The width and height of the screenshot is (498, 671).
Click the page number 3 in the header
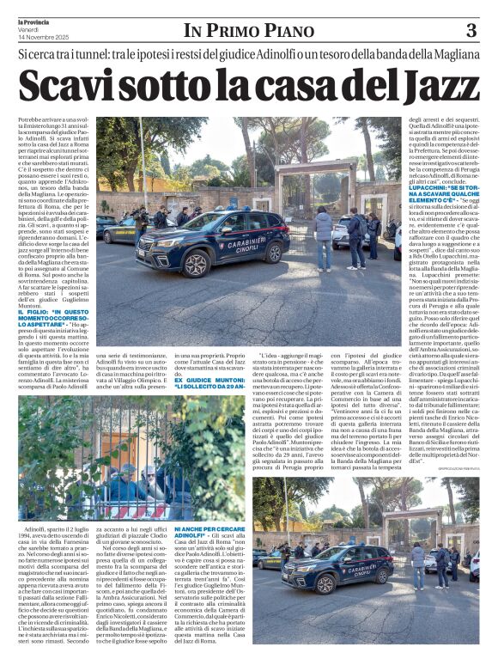pos(471,31)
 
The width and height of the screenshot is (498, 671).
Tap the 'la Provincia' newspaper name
pos(32,21)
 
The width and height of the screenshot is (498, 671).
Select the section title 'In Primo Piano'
pos(248,31)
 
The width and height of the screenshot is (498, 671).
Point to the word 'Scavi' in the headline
pos(64,86)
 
